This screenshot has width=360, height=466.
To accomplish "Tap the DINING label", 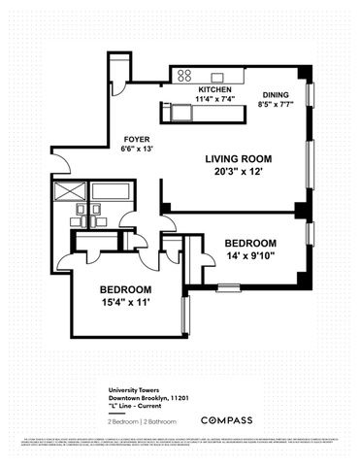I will coord(276,95).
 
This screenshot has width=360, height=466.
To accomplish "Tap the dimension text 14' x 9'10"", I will coord(251,256).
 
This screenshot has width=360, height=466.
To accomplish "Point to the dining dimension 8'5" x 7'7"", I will coord(276,106).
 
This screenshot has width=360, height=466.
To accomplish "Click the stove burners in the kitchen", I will coord(182,75).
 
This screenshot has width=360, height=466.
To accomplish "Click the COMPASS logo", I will coord(230,419).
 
